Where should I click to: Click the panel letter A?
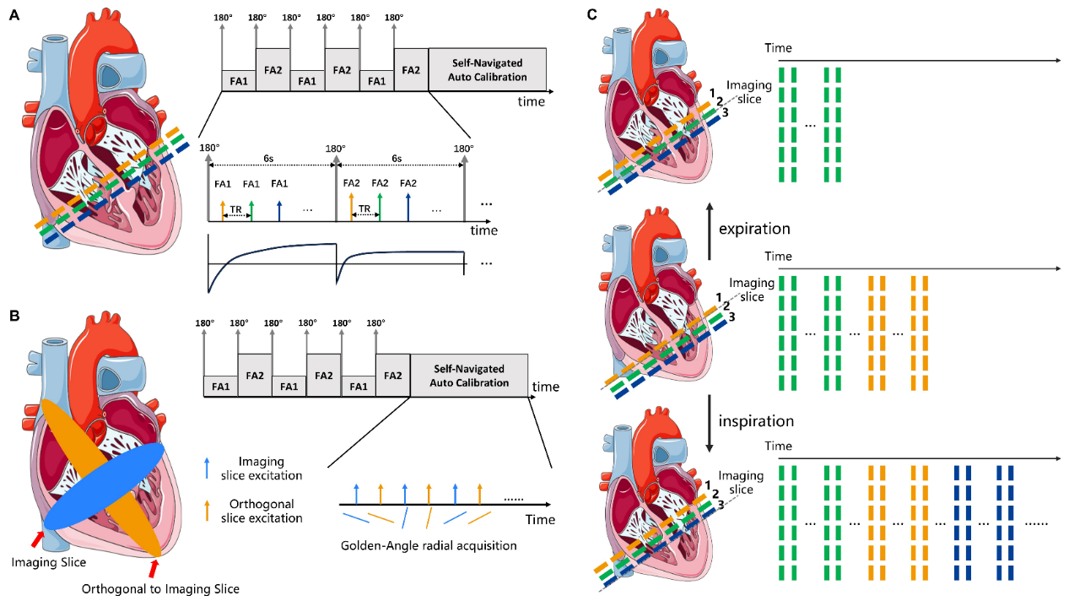point(13,14)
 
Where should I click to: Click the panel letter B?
point(13,317)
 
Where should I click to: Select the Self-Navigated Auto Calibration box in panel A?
point(489,69)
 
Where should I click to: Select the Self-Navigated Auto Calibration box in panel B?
point(469,376)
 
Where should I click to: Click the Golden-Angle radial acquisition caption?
point(429,545)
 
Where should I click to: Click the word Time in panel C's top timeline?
point(778,49)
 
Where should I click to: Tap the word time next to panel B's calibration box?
point(546,387)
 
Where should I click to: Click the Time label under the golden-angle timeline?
point(540,519)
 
